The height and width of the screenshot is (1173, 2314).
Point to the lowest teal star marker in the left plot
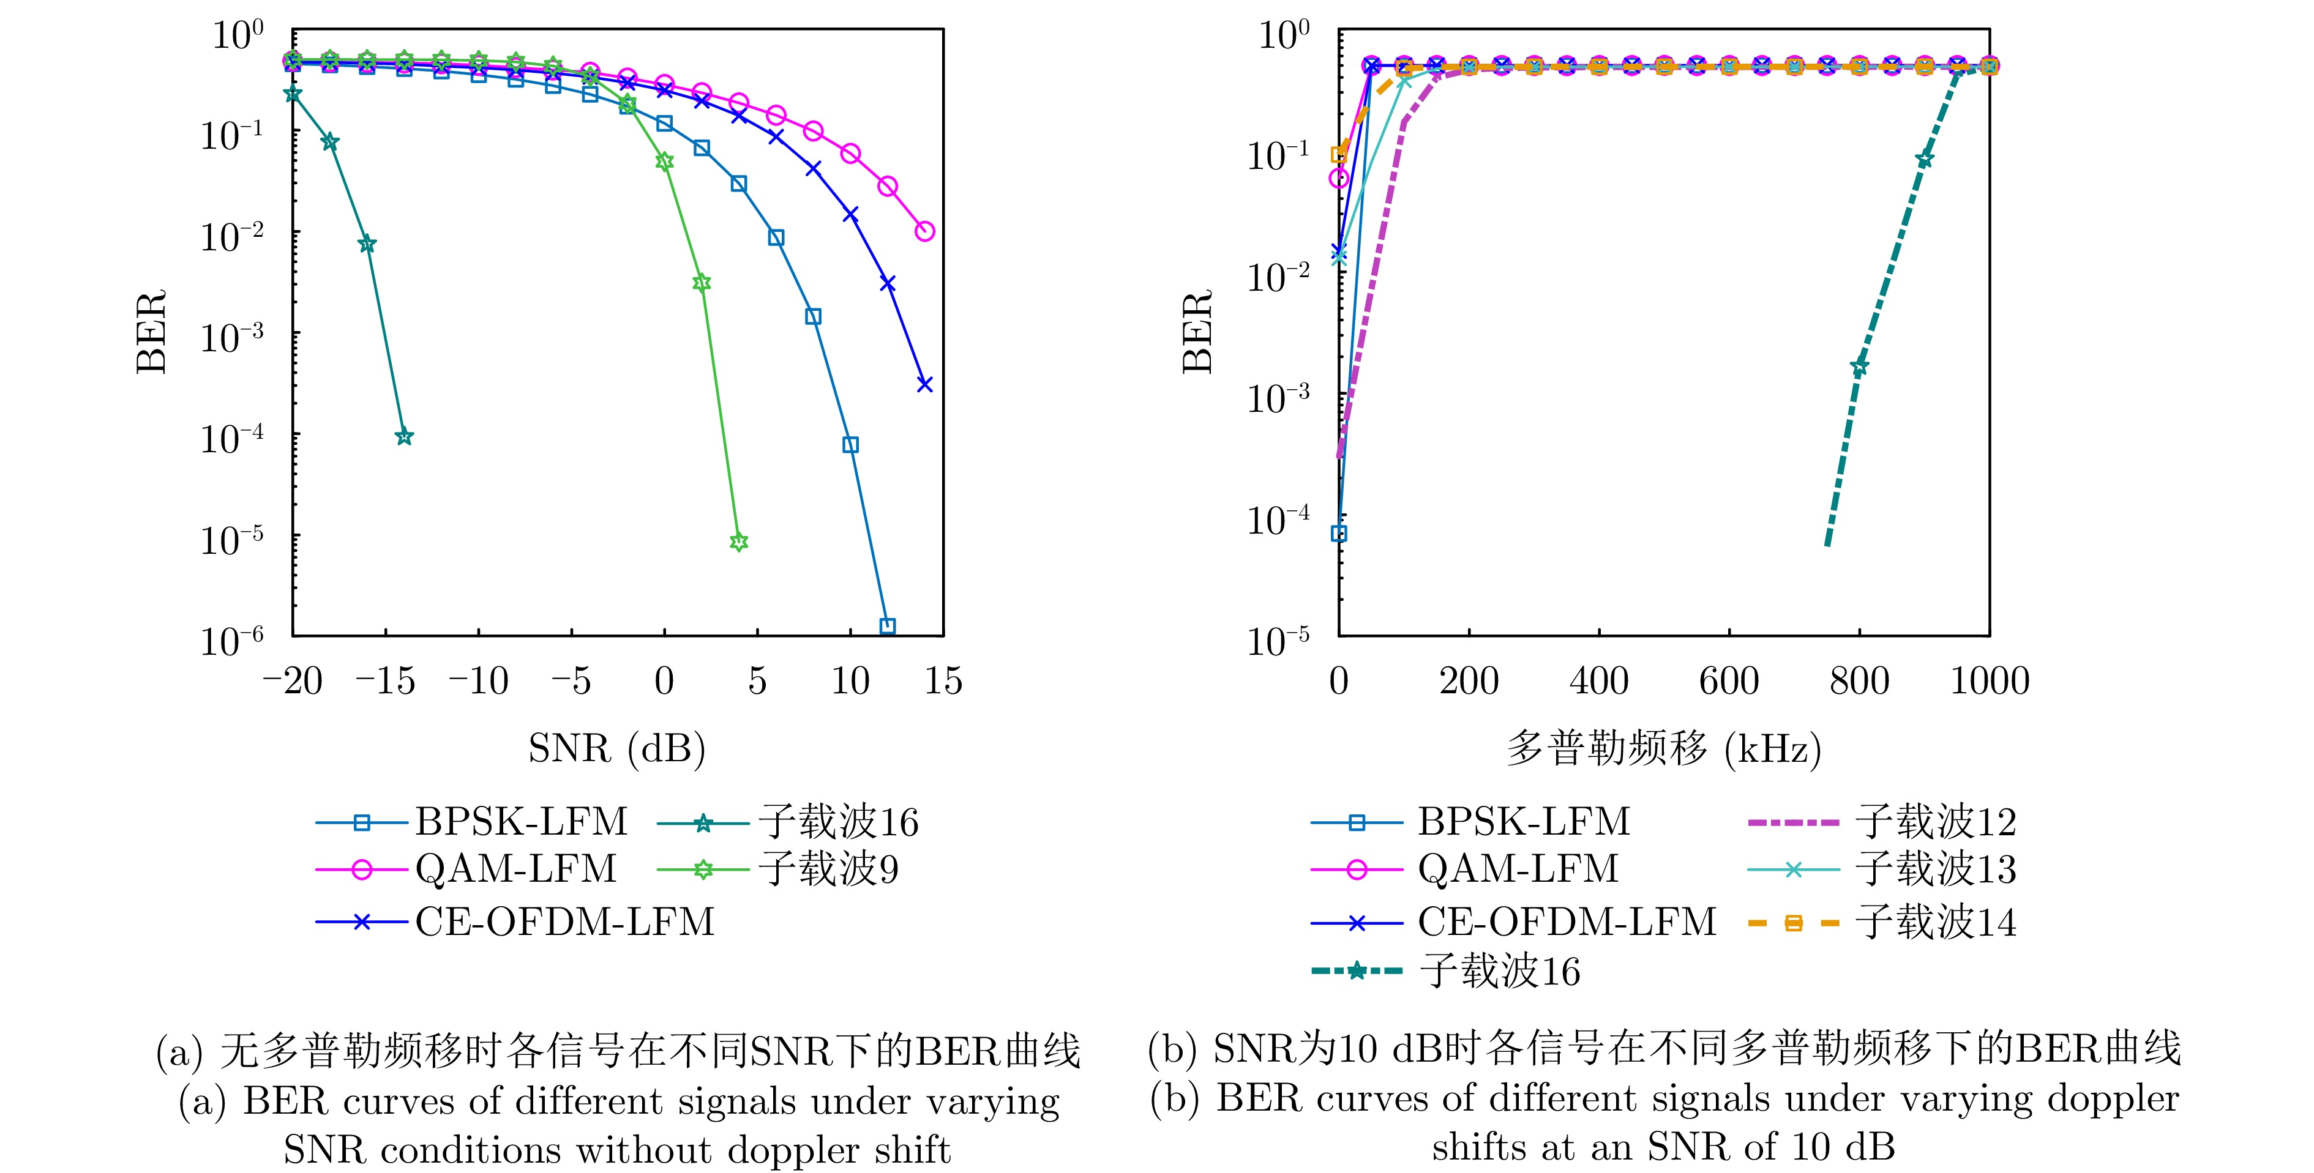(x=404, y=436)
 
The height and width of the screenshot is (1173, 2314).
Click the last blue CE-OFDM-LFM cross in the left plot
(x=924, y=384)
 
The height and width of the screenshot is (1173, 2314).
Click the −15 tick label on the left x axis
(x=386, y=682)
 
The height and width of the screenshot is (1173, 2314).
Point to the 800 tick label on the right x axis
(x=1859, y=682)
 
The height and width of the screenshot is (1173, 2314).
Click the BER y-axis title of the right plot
(x=1197, y=332)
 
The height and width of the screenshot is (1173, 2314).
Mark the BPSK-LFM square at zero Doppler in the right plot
(x=1338, y=534)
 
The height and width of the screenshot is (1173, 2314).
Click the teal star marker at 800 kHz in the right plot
(x=1859, y=367)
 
